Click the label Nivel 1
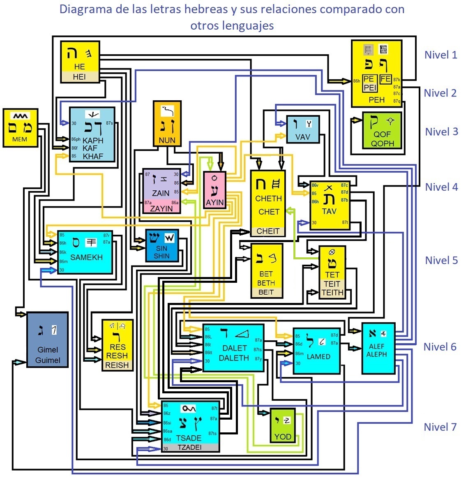[x=440, y=55]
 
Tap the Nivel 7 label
[x=440, y=427]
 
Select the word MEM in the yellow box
[x=20, y=139]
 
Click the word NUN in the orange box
[x=167, y=140]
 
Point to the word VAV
[x=303, y=137]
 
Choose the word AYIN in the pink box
[x=214, y=202]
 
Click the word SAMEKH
[x=86, y=257]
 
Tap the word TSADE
[x=189, y=438]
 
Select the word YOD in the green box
[x=283, y=436]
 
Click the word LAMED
[x=318, y=356]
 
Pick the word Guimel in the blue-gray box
[x=48, y=360]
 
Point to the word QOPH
[x=382, y=143]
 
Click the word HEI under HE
[x=79, y=76]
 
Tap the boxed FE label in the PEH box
[x=385, y=79]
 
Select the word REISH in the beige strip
[x=117, y=365]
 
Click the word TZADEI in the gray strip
[x=189, y=447]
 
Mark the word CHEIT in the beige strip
[x=268, y=231]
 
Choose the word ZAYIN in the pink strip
[x=161, y=208]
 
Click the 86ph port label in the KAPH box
[x=76, y=139]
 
